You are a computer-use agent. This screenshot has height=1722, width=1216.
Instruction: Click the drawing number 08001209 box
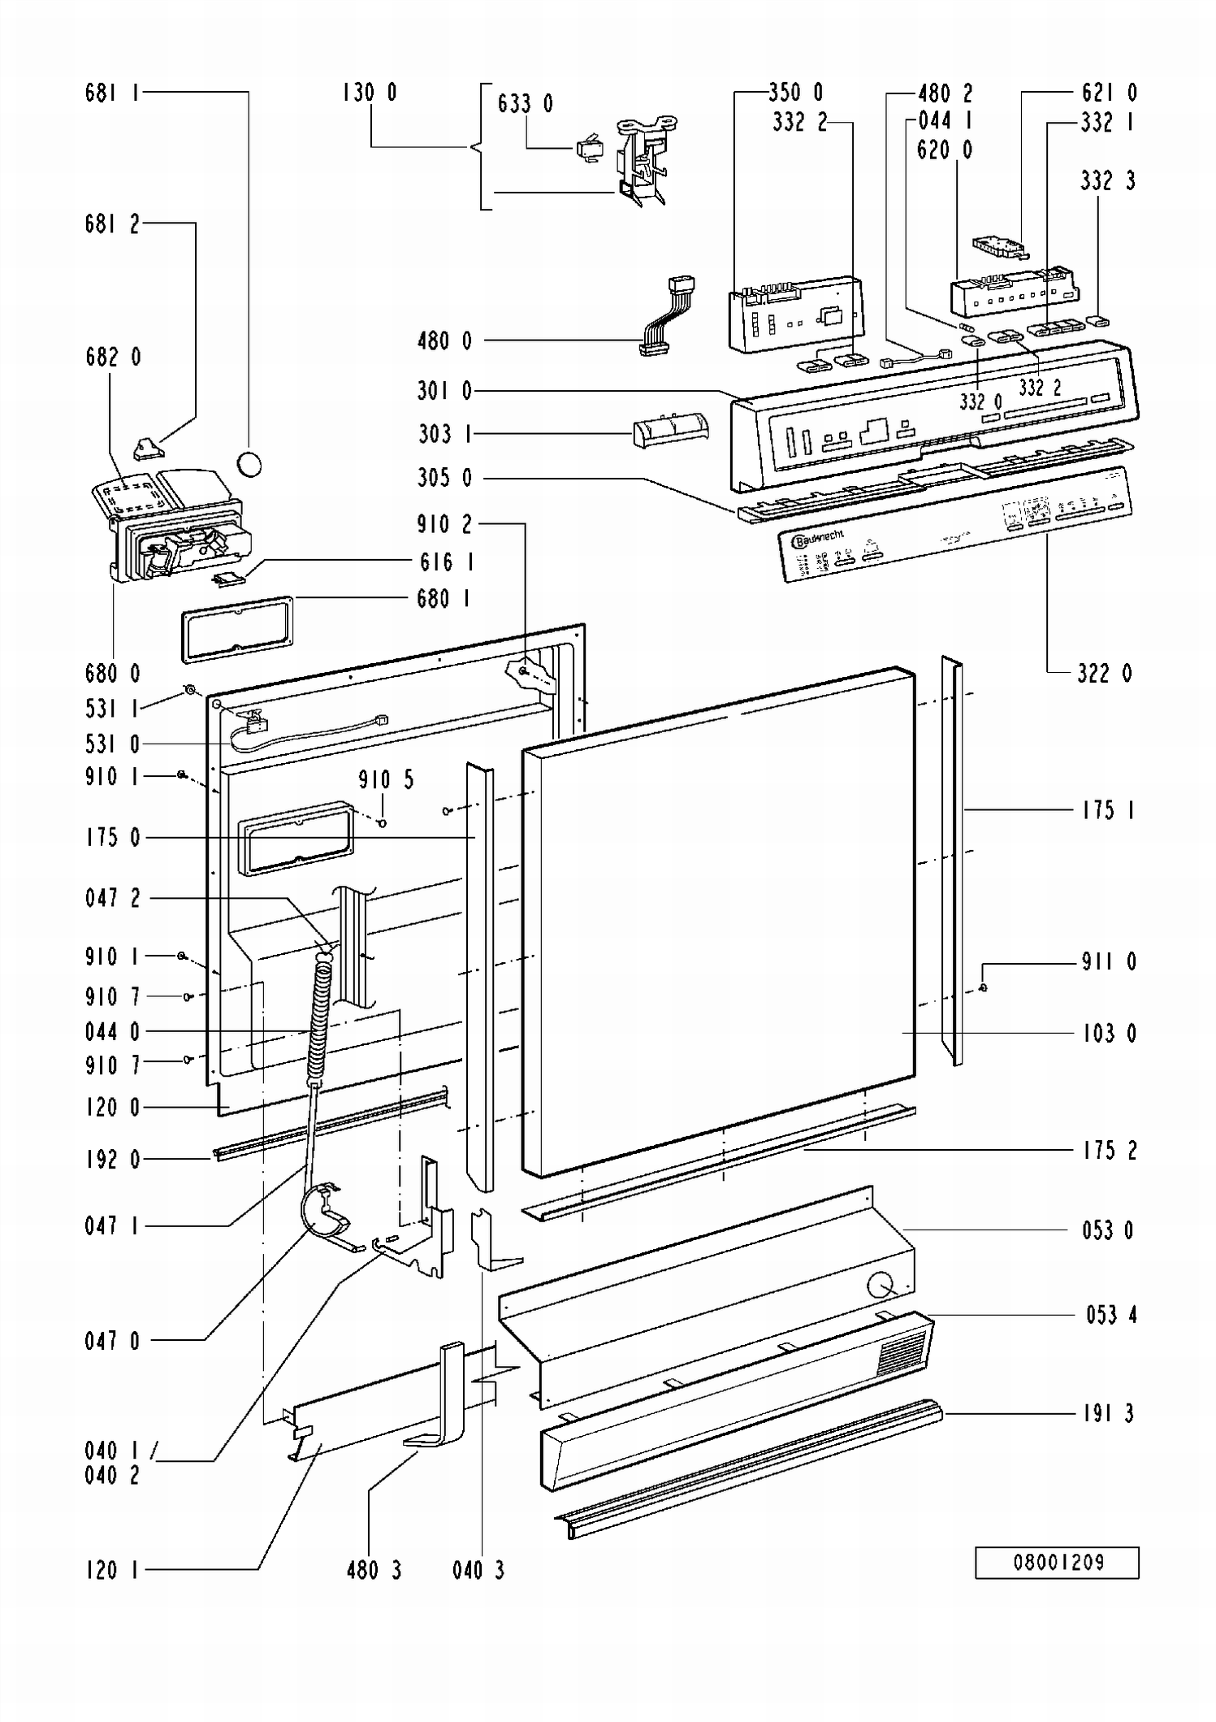click(1057, 1562)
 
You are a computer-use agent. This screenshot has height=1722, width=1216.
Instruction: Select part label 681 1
click(112, 93)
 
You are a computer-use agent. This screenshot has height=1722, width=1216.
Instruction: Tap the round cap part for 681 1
click(249, 464)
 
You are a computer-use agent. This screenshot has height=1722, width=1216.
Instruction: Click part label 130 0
click(370, 93)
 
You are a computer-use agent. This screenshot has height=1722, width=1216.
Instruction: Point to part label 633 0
click(525, 104)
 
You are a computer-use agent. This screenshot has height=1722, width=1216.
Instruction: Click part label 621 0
click(1109, 93)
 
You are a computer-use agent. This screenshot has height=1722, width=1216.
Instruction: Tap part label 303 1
click(444, 434)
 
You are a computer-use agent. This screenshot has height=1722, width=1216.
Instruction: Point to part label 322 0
click(1104, 673)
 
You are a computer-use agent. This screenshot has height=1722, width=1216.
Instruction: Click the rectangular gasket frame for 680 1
click(236, 630)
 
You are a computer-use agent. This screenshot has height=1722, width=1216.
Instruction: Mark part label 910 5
click(386, 780)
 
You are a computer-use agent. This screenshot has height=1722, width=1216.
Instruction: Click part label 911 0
click(1109, 962)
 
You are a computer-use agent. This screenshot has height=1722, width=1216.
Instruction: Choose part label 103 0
click(1109, 1034)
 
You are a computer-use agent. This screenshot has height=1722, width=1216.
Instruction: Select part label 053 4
click(1110, 1315)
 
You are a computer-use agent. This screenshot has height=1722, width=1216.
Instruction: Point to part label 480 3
click(374, 1570)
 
